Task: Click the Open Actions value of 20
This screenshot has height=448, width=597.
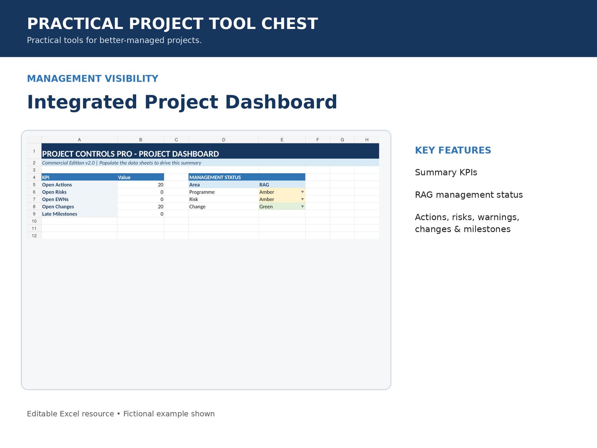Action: [160, 185]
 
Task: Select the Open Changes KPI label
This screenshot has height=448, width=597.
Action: [58, 207]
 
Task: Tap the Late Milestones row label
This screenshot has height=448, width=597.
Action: [60, 214]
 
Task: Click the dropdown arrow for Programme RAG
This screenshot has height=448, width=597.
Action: [302, 192]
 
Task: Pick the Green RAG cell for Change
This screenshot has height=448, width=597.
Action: [282, 206]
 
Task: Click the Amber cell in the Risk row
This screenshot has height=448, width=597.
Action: [282, 199]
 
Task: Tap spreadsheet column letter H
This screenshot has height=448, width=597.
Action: [367, 140]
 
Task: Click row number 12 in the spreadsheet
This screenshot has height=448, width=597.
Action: [34, 236]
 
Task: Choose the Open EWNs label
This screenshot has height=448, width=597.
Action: [55, 200]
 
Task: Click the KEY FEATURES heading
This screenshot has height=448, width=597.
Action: [453, 150]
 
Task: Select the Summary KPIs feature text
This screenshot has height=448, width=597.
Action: [446, 172]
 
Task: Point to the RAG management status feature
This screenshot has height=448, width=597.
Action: [469, 195]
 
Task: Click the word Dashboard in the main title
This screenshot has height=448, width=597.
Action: [281, 102]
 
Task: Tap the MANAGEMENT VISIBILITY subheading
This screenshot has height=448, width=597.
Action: [92, 78]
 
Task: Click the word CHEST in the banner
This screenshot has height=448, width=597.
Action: [289, 23]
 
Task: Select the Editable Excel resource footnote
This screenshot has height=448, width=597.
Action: [70, 414]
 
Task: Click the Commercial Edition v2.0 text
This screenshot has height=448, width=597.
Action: [68, 163]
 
